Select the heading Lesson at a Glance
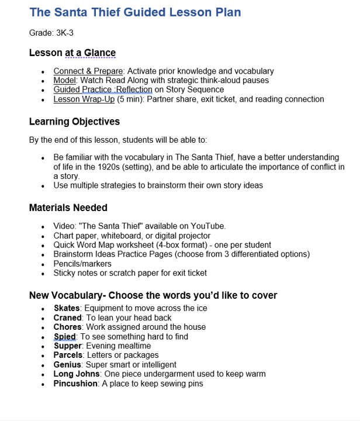click(72, 53)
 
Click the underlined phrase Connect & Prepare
click(88, 71)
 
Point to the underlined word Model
click(64, 81)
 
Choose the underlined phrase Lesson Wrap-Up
click(84, 99)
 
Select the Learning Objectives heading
click(74, 122)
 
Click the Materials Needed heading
click(68, 208)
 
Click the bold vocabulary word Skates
click(66, 308)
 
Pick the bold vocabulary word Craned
click(67, 318)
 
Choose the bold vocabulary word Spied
click(65, 337)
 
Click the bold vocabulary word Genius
click(67, 365)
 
